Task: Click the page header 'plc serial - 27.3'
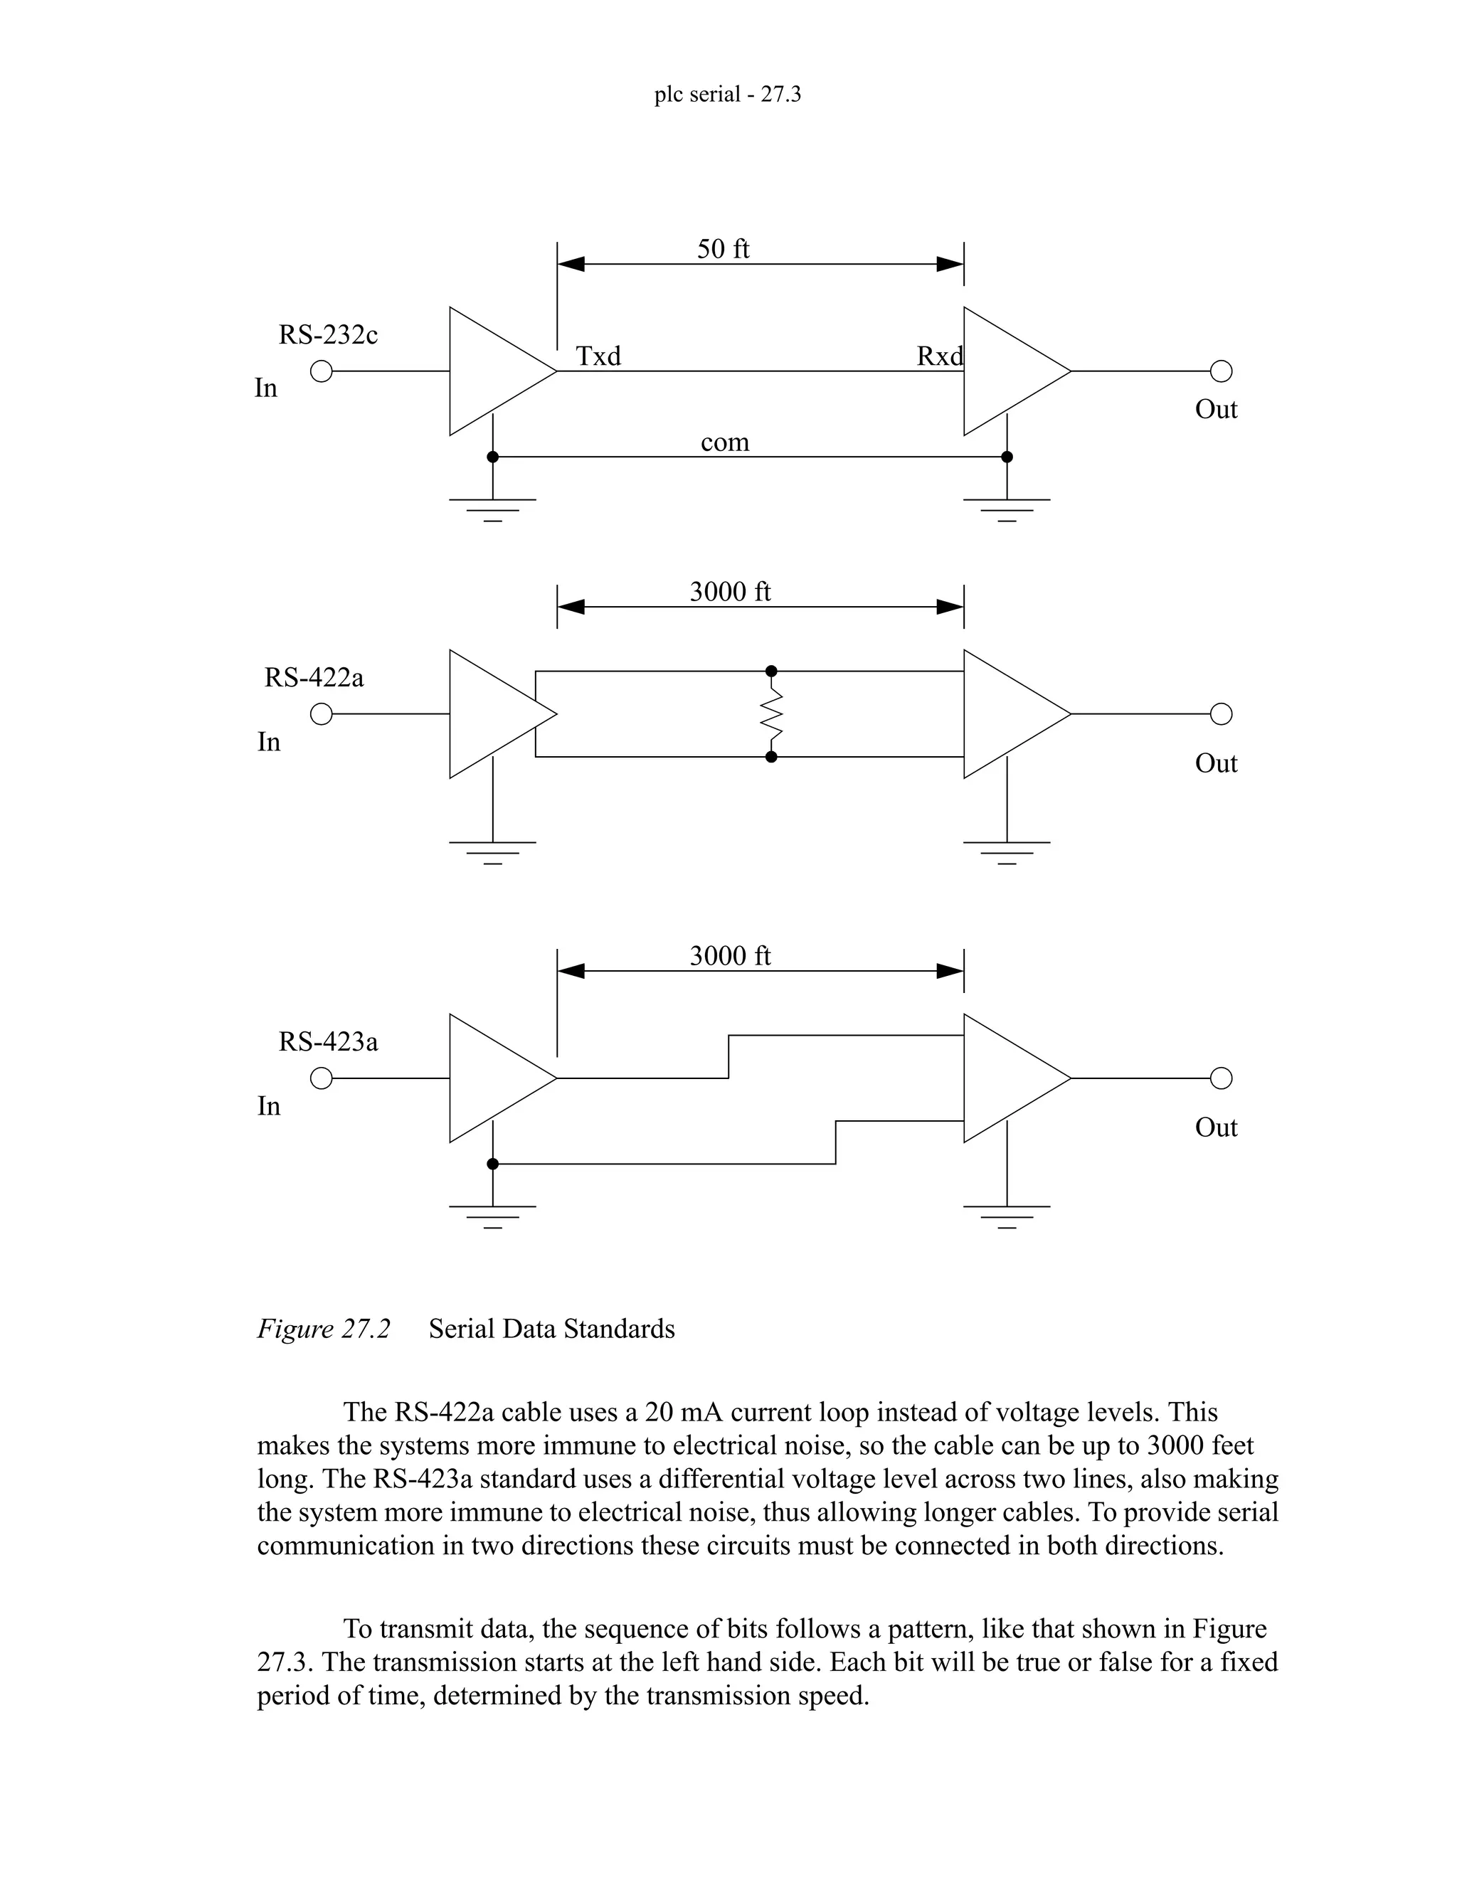[x=727, y=94]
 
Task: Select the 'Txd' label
[x=598, y=356]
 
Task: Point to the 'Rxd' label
[x=939, y=356]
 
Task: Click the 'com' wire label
[x=724, y=442]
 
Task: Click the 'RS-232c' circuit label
[x=328, y=335]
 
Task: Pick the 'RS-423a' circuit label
[x=328, y=1042]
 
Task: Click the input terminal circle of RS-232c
[x=321, y=371]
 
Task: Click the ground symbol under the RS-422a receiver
[x=1007, y=851]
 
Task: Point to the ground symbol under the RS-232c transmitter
[x=492, y=509]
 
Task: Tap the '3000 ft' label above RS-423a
[x=729, y=955]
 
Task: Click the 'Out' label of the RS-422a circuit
[x=1215, y=763]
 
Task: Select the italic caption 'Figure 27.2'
[x=324, y=1328]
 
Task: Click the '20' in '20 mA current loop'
[x=659, y=1413]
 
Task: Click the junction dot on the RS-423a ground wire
[x=493, y=1164]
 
